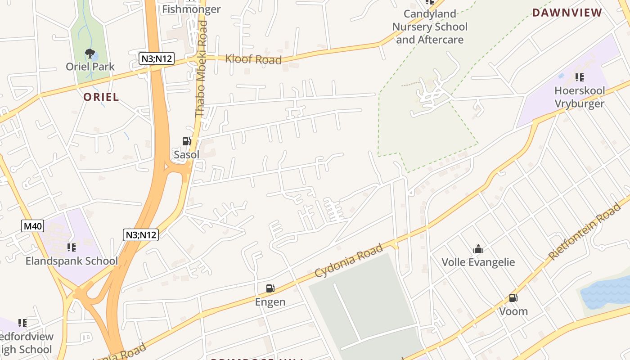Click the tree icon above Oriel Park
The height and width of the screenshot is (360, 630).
90,54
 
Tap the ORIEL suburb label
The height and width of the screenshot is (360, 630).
101,97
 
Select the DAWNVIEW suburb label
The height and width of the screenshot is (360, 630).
567,13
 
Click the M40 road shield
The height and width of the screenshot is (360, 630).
33,226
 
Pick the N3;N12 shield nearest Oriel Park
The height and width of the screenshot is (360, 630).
156,58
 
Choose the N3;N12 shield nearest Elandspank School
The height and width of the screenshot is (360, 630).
141,234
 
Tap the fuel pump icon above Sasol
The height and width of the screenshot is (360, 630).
186,141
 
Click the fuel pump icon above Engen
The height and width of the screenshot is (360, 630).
270,288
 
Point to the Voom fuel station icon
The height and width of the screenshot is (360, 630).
513,297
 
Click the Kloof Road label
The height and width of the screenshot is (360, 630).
253,59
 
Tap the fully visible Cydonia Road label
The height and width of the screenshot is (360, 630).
349,261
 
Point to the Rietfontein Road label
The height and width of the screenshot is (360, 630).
585,232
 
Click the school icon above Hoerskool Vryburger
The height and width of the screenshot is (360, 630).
579,77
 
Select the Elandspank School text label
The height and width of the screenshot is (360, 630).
72,261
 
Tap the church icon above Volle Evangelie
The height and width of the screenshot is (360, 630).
478,249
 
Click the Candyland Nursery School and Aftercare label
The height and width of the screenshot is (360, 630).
430,27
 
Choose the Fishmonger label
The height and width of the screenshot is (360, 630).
191,9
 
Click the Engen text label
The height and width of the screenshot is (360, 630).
270,301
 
